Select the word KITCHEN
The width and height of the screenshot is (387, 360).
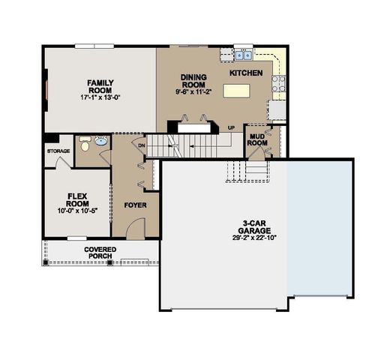246,73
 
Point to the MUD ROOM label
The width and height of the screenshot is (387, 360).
257,139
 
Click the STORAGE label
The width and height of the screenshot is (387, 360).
58,151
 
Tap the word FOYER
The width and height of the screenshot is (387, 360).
136,205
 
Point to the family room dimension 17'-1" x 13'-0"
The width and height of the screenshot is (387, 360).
100,97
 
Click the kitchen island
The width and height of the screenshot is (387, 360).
236,91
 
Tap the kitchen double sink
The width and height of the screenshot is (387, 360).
244,55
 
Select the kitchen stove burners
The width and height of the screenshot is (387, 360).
278,83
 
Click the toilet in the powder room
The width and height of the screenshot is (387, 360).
85,140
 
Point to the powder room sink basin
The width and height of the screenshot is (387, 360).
102,141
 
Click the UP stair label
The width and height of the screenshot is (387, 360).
231,128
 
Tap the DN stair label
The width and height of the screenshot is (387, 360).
142,145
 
